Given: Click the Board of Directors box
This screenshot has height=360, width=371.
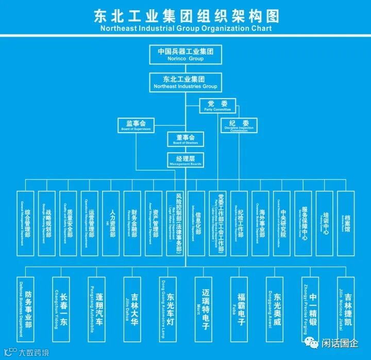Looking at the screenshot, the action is point(184,139).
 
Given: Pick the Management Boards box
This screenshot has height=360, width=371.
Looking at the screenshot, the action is point(184,159).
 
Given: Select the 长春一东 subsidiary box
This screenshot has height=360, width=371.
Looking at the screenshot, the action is point(62,309).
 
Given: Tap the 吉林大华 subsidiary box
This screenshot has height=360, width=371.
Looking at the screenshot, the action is point(132,309).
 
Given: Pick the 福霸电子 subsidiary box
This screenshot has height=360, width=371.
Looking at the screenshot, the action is point(239,309).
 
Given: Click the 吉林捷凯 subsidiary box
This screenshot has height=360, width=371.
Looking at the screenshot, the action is point(346,309).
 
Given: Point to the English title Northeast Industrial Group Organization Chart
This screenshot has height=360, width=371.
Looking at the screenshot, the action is point(185,29).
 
